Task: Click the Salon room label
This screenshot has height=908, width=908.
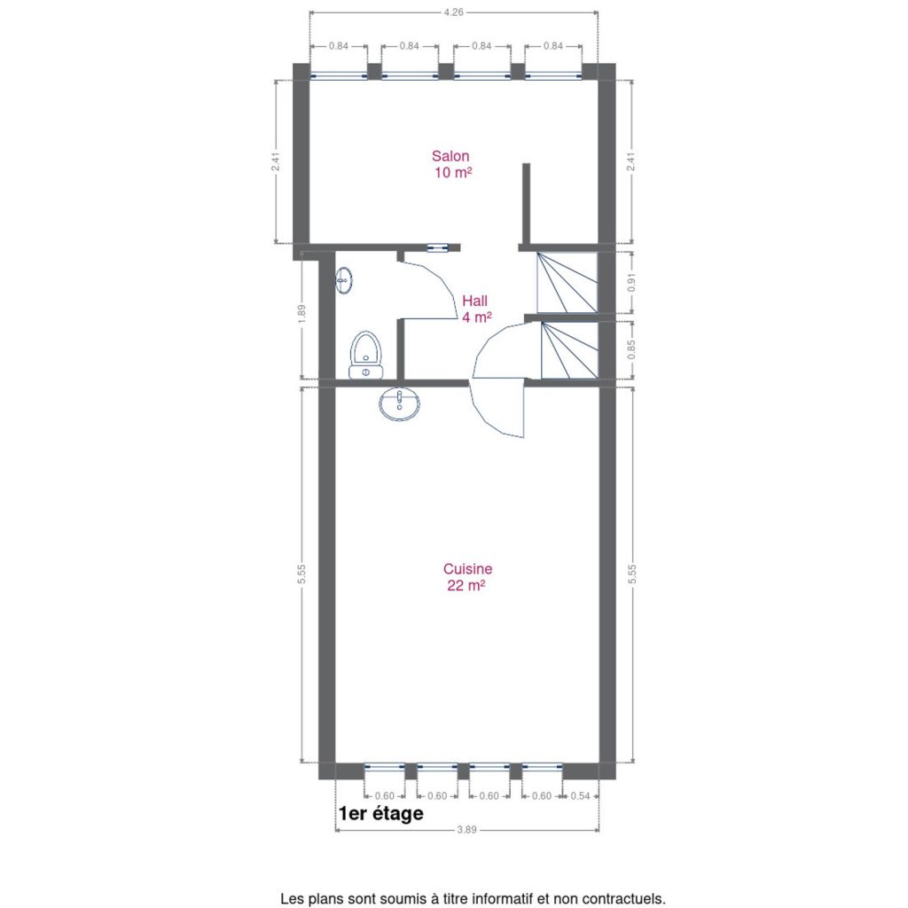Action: coord(451,164)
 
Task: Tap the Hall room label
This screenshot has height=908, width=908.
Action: coord(476,309)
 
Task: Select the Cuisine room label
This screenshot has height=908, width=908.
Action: coord(467,576)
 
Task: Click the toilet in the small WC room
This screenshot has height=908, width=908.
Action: coord(365,355)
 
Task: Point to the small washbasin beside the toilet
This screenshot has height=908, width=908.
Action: coord(344,280)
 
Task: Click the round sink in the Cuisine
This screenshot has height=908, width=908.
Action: coord(400,403)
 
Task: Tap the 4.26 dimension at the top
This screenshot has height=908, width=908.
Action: coord(453,12)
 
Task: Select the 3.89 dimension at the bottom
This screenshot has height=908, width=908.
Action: coord(466,830)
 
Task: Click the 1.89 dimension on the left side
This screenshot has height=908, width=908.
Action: coord(301,313)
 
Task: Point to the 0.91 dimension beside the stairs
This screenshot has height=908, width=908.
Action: coord(631,282)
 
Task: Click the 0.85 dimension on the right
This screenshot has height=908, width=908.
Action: coord(631,349)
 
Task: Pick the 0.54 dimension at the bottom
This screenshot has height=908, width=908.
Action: coord(580,796)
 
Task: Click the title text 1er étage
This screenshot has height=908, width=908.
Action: coord(381,813)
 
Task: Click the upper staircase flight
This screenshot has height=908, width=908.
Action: coord(567,283)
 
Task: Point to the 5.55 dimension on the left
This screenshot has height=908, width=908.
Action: coord(301,574)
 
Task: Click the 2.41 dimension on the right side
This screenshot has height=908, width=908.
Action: coord(631,161)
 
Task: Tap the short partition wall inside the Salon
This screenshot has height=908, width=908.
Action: coord(527,204)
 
